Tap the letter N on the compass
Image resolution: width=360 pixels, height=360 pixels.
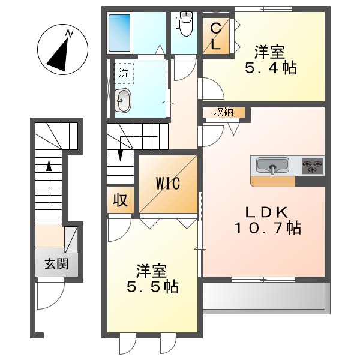pos(70,34)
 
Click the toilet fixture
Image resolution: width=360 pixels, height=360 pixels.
pos(183,22)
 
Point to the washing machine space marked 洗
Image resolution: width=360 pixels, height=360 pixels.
pos(124,74)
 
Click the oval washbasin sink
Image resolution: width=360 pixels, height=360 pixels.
pos(124,100)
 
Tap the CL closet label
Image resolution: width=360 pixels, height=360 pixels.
pos(215,35)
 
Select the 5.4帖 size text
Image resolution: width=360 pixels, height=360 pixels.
pos(270,68)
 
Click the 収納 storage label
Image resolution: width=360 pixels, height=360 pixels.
pos(223,112)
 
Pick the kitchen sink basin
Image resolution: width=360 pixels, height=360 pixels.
pos(273,164)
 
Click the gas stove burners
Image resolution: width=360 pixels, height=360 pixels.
pos(312,164)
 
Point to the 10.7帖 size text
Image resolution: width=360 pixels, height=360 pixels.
pos(267,228)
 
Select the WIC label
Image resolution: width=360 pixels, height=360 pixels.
pos(169,184)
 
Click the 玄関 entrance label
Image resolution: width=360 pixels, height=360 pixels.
pos(55,263)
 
